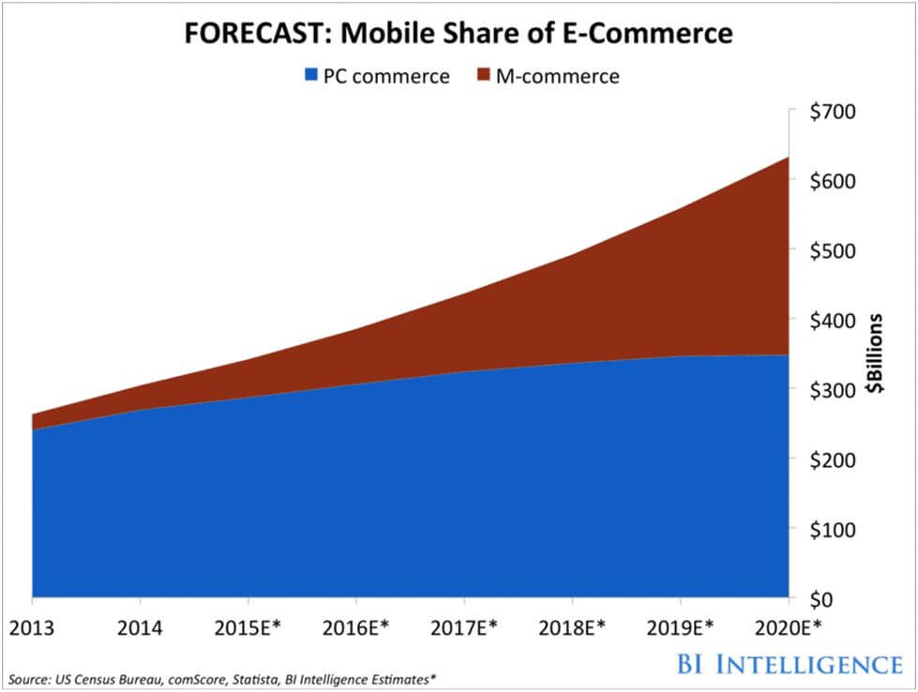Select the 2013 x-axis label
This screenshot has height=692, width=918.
(x=31, y=627)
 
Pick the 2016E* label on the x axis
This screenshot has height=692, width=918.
(x=356, y=627)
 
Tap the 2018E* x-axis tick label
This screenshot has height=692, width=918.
(x=573, y=627)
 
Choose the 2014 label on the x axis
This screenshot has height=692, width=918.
(x=140, y=627)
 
